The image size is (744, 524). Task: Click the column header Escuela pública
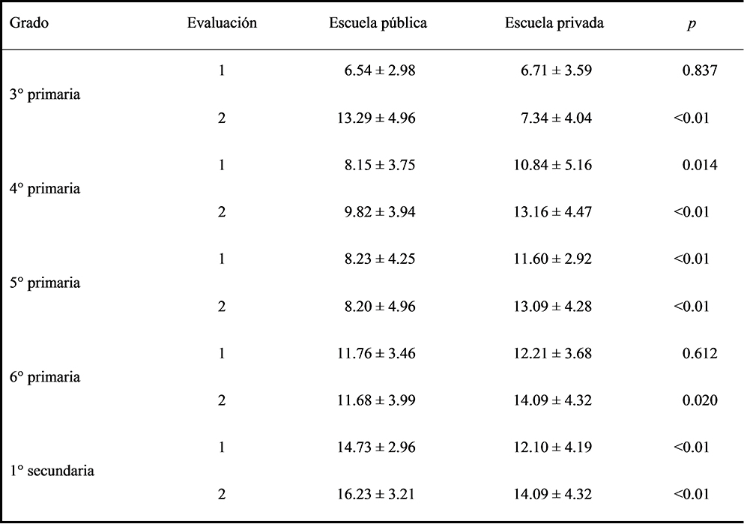pyautogui.click(x=378, y=22)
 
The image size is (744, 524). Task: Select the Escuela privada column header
pyautogui.click(x=554, y=22)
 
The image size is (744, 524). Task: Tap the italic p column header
pyautogui.click(x=692, y=24)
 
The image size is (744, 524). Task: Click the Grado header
pyautogui.click(x=29, y=22)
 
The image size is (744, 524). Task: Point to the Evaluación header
pyautogui.click(x=222, y=22)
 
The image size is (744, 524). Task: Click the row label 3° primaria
pyautogui.click(x=45, y=94)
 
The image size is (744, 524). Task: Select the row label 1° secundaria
pyautogui.click(x=52, y=470)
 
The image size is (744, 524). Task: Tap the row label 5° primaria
pyautogui.click(x=45, y=283)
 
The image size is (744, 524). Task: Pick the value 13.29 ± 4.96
pyautogui.click(x=376, y=118)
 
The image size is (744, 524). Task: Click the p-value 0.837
pyautogui.click(x=700, y=70)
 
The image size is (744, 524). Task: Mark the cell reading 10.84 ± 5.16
pyautogui.click(x=553, y=165)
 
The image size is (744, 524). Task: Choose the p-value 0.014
pyautogui.click(x=700, y=165)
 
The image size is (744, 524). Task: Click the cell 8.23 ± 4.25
pyautogui.click(x=380, y=259)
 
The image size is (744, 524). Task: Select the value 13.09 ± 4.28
pyautogui.click(x=553, y=306)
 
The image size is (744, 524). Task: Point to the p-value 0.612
pyautogui.click(x=700, y=353)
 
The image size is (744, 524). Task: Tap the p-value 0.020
pyautogui.click(x=700, y=400)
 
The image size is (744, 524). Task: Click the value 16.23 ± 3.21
pyautogui.click(x=376, y=494)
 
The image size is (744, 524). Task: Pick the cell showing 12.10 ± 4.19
pyautogui.click(x=553, y=447)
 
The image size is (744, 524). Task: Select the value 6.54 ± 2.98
pyautogui.click(x=380, y=70)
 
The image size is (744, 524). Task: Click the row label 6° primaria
pyautogui.click(x=45, y=377)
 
